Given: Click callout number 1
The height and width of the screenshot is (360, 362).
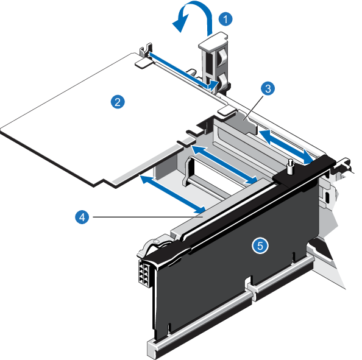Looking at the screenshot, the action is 225,19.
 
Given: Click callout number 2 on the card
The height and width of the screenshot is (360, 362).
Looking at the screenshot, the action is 118,102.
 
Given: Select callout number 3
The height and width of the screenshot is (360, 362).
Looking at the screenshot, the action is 268,88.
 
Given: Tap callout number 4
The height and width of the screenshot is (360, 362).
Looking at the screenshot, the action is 82,217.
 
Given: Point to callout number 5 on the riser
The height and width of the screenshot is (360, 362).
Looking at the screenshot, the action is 260,245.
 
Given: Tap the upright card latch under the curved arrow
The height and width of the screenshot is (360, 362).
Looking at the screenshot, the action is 213,63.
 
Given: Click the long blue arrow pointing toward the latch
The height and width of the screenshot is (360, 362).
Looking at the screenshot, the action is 183,71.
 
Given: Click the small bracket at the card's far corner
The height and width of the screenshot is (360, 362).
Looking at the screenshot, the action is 146,49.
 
